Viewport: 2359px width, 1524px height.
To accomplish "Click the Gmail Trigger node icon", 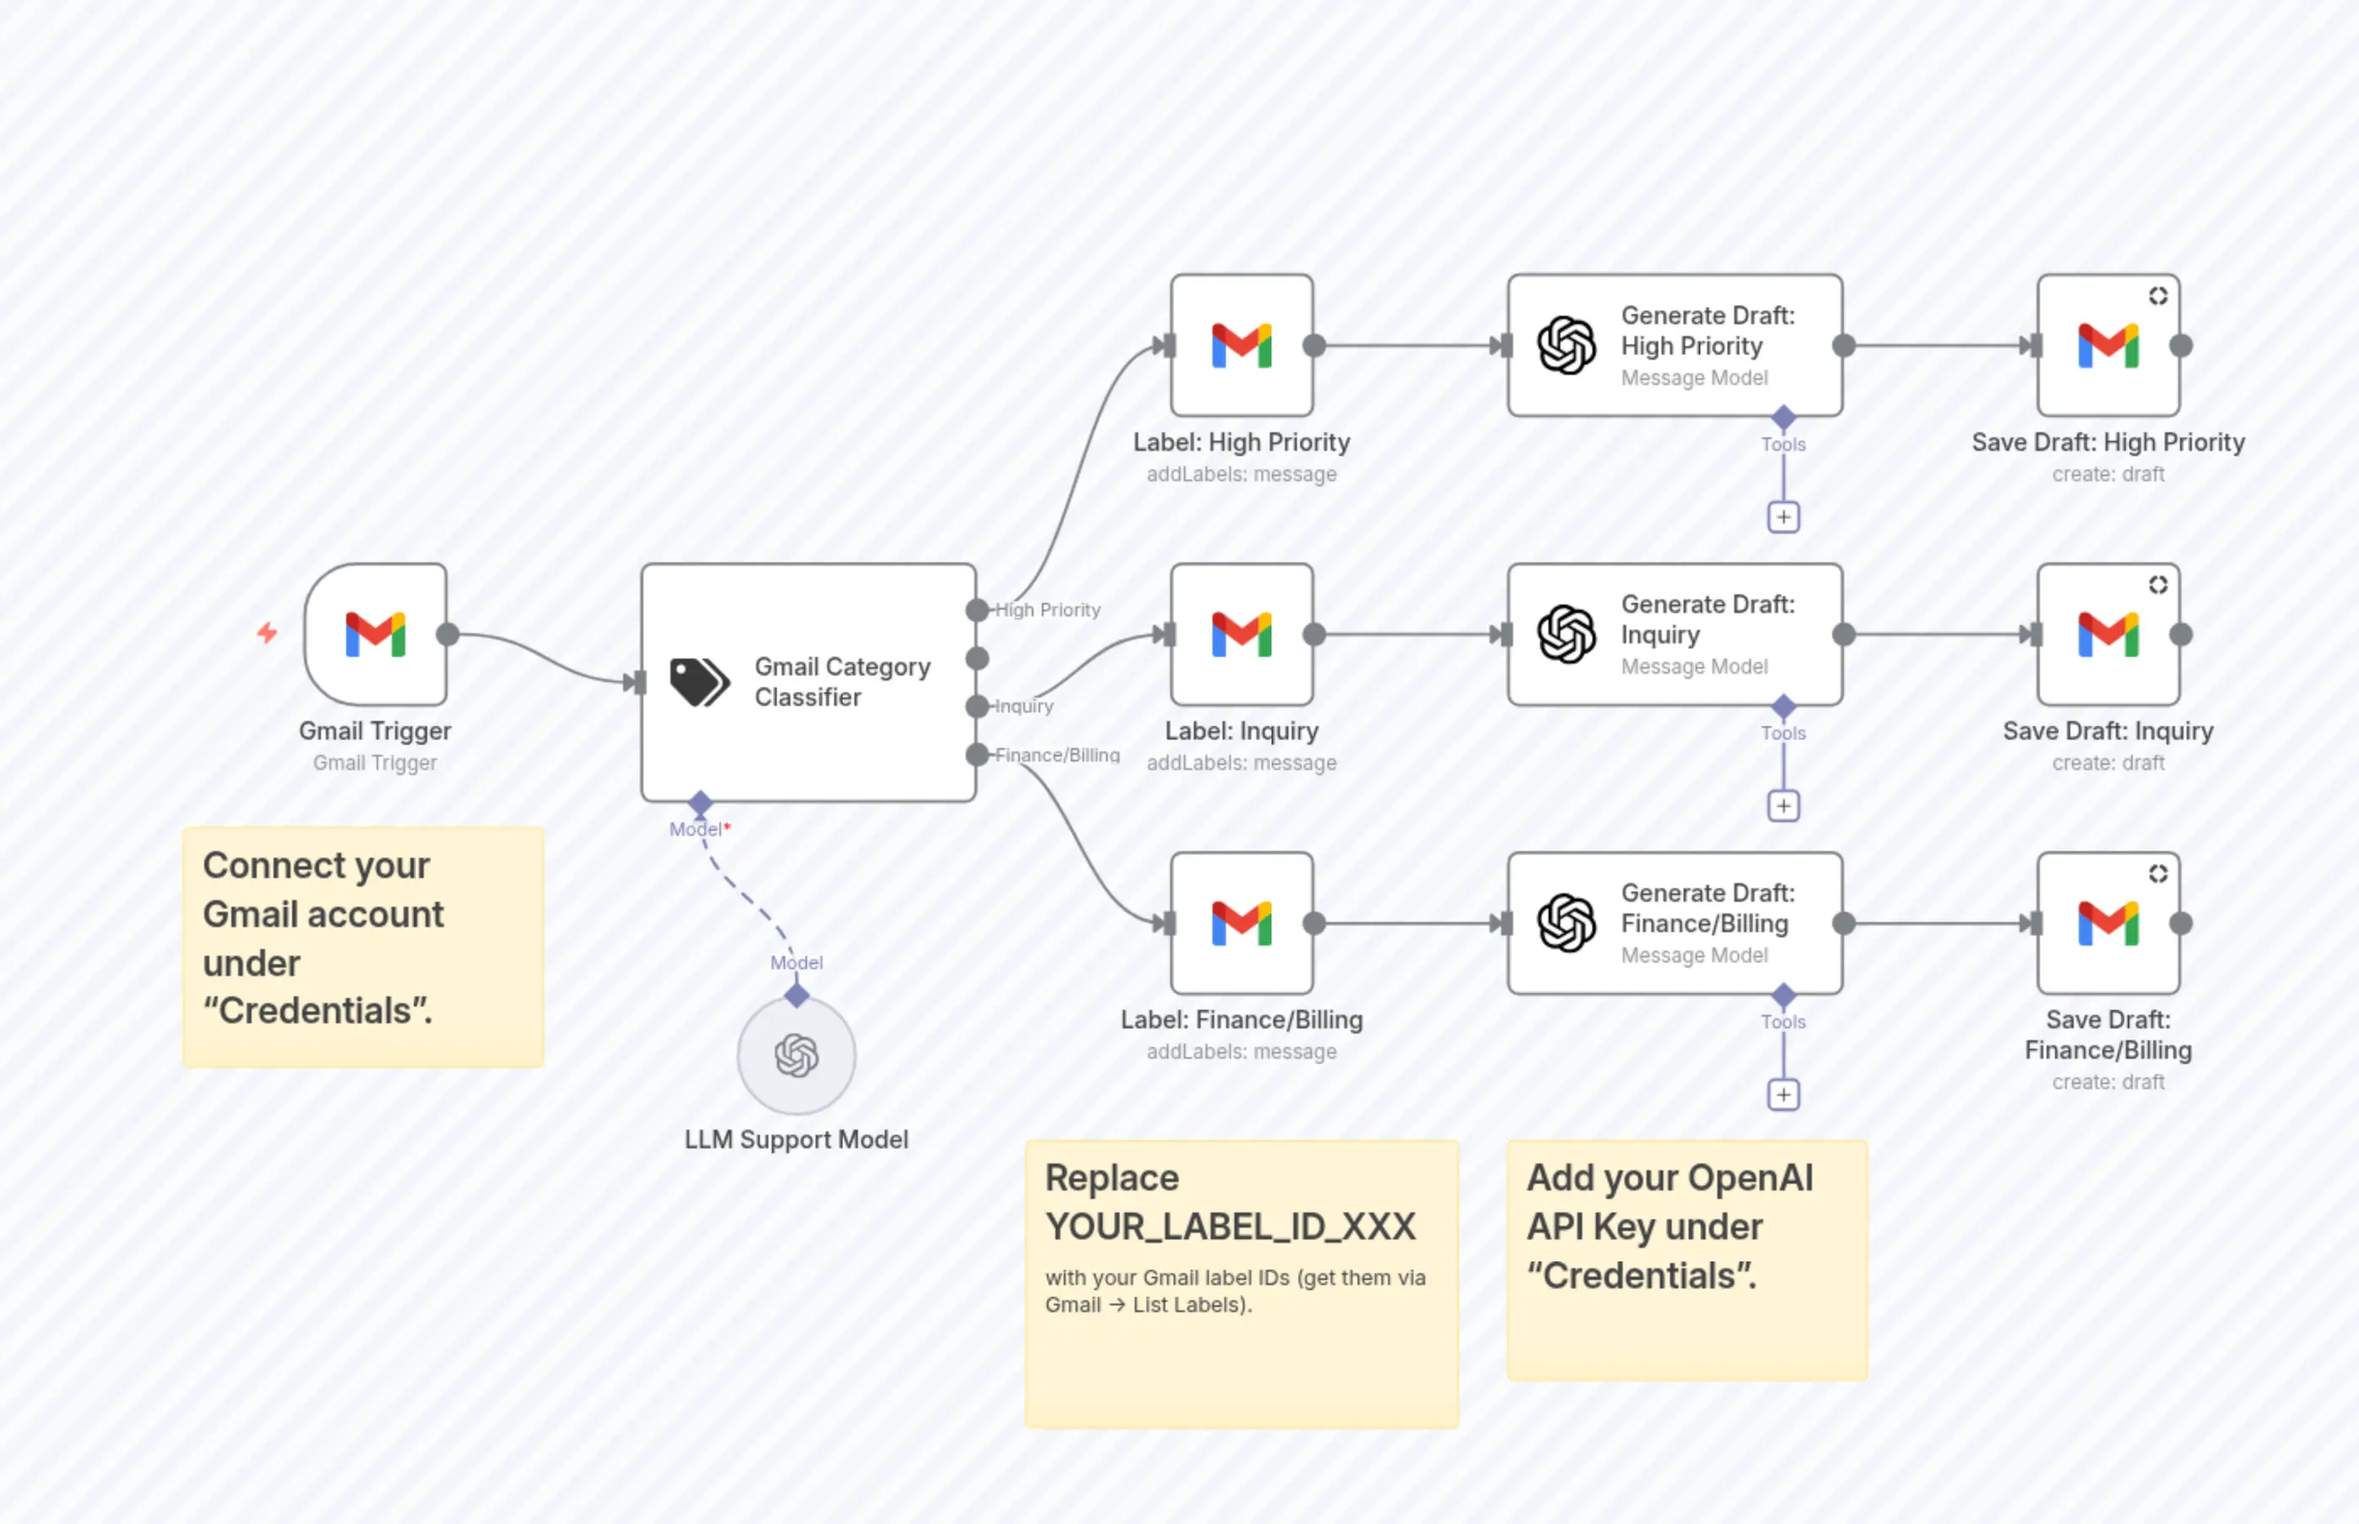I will pyautogui.click(x=375, y=634).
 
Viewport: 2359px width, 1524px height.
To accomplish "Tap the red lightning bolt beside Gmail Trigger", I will pyautogui.click(x=267, y=632).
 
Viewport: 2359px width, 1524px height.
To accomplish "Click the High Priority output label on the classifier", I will pyautogui.click(x=1048, y=610).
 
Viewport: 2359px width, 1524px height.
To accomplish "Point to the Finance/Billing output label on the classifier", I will pyautogui.click(x=1057, y=755).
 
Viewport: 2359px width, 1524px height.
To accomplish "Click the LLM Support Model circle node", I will pyautogui.click(x=796, y=1056).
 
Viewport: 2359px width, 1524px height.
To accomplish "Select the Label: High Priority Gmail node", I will pyautogui.click(x=1242, y=345).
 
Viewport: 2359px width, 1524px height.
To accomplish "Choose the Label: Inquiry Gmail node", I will pyautogui.click(x=1242, y=634).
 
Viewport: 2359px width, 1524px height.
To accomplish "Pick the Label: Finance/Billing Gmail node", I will pyautogui.click(x=1242, y=924).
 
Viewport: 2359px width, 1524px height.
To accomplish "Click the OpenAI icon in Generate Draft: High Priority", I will pyautogui.click(x=1566, y=345).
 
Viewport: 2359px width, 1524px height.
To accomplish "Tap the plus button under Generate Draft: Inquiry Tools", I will pyautogui.click(x=1783, y=805).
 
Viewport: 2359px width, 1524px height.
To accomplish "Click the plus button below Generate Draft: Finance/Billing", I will pyautogui.click(x=1783, y=1094).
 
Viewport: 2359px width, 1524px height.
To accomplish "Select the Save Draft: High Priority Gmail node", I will pyautogui.click(x=2108, y=345).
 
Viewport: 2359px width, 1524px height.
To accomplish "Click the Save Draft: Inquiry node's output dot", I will pyautogui.click(x=2181, y=634).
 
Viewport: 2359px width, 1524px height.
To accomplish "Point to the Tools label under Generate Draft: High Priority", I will pyautogui.click(x=1783, y=444).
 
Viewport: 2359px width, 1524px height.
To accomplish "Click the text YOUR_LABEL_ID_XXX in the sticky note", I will pyautogui.click(x=1230, y=1227).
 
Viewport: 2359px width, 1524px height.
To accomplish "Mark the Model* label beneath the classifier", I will pyautogui.click(x=698, y=829).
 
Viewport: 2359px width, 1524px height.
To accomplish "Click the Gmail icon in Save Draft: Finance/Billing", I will pyautogui.click(x=2108, y=924).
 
